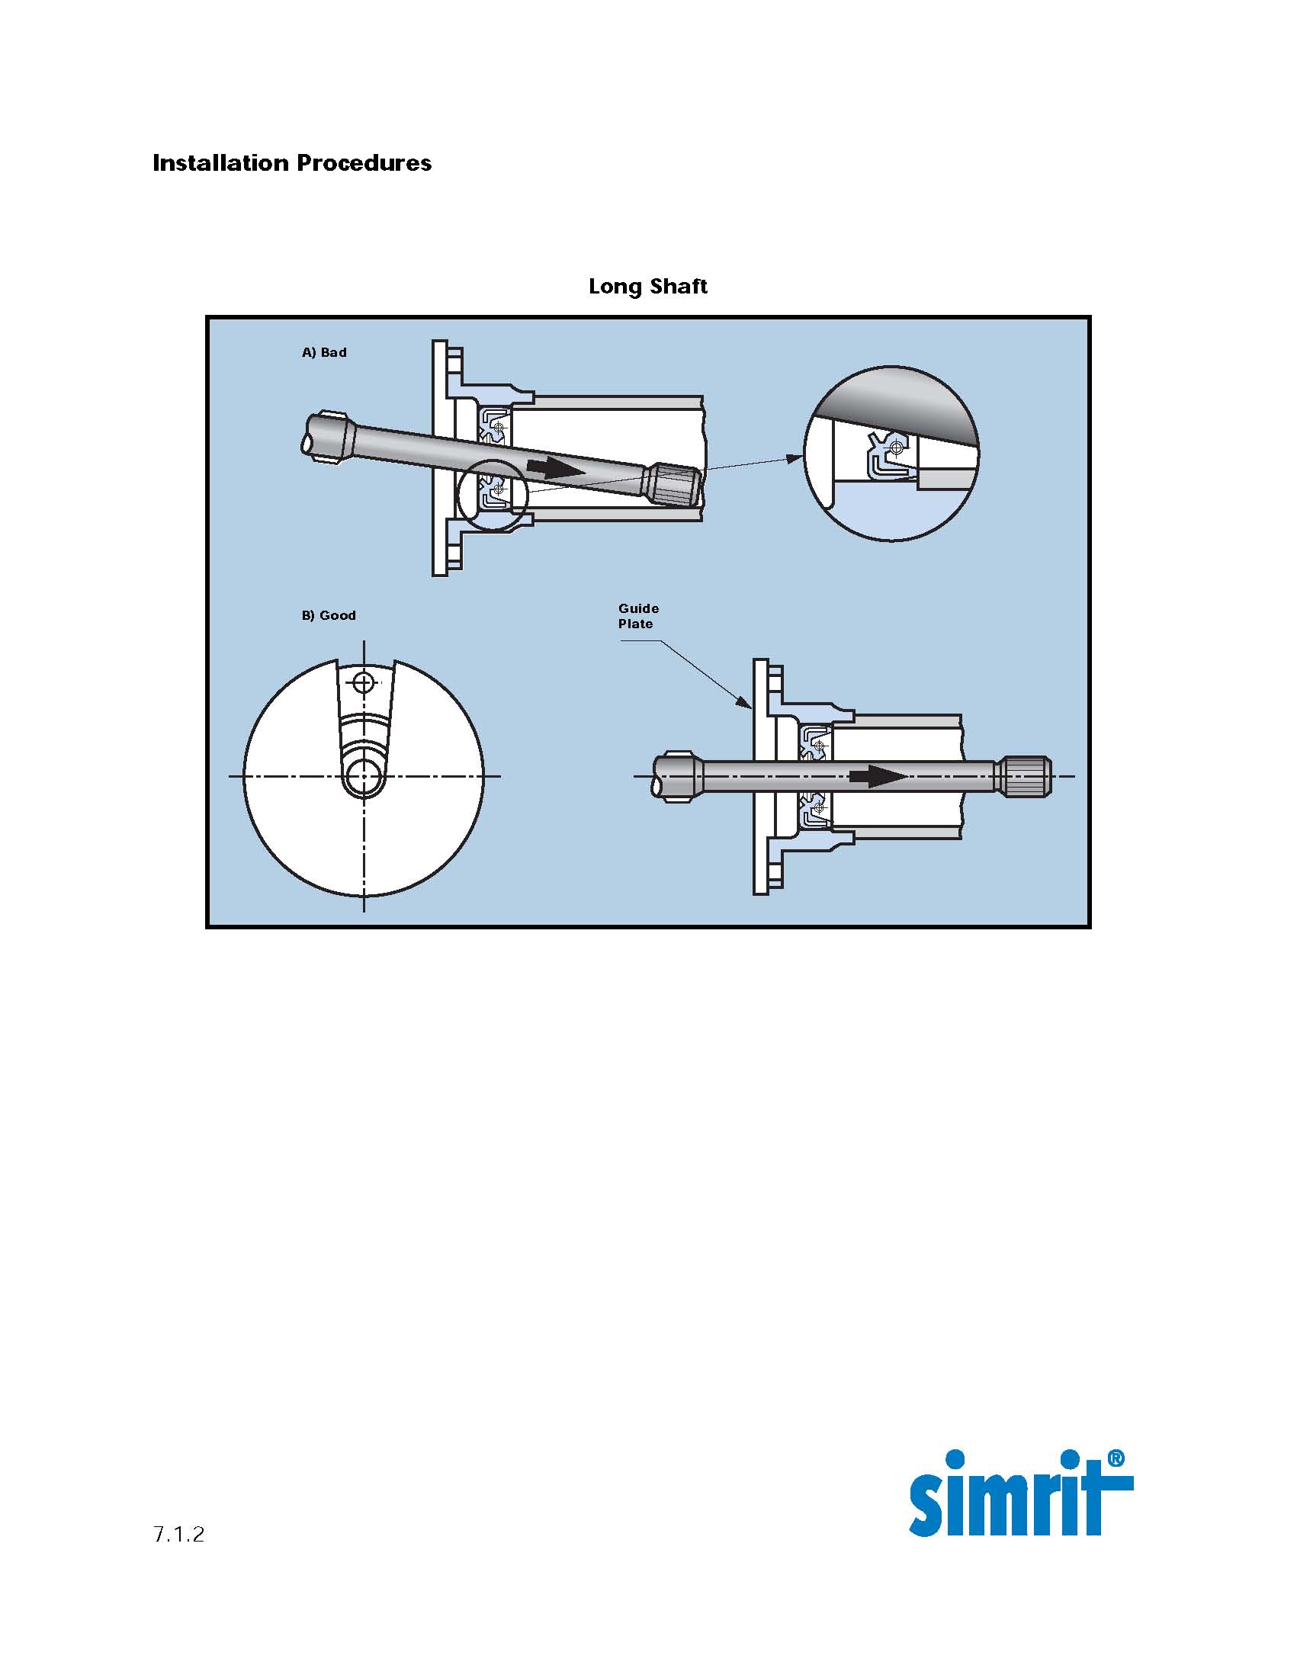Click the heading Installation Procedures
[x=292, y=163]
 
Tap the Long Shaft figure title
[x=647, y=287]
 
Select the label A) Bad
[x=324, y=353]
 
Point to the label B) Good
[x=328, y=615]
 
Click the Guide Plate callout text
[x=638, y=616]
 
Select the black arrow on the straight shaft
[x=878, y=776]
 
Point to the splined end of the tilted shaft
[x=673, y=486]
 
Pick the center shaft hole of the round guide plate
[x=363, y=777]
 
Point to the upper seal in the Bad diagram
[x=493, y=425]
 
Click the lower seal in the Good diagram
[x=814, y=812]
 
